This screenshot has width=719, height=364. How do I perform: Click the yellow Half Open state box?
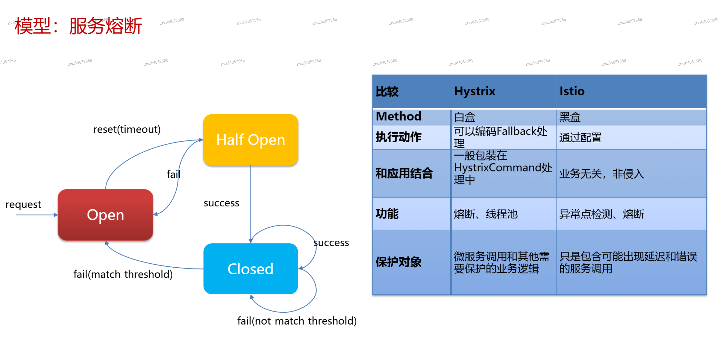click(250, 139)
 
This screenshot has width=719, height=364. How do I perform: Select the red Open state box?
click(105, 215)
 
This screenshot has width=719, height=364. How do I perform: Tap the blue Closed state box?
click(250, 268)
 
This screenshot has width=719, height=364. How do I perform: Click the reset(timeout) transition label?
click(127, 129)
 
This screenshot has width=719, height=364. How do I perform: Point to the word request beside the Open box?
click(23, 205)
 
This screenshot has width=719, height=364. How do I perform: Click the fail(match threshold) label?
click(123, 274)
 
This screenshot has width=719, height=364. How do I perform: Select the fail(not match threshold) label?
click(297, 321)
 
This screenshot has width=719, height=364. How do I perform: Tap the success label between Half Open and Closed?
click(221, 203)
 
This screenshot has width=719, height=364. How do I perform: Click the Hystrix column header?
click(474, 91)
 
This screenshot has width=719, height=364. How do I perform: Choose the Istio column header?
click(572, 91)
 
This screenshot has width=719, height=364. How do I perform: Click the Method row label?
click(398, 116)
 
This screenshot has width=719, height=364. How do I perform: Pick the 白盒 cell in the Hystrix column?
click(464, 117)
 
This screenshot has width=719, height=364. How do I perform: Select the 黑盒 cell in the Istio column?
click(570, 117)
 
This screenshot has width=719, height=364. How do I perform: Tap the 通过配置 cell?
click(580, 137)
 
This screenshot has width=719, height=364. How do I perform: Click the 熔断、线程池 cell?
click(486, 214)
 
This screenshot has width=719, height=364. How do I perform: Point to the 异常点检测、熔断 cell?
click(601, 214)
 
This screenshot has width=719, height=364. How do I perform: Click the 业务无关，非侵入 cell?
click(601, 174)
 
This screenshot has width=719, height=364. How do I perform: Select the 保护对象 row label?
click(398, 262)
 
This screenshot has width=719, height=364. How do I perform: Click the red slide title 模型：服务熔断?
click(78, 26)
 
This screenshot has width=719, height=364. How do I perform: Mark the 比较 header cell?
click(387, 91)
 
